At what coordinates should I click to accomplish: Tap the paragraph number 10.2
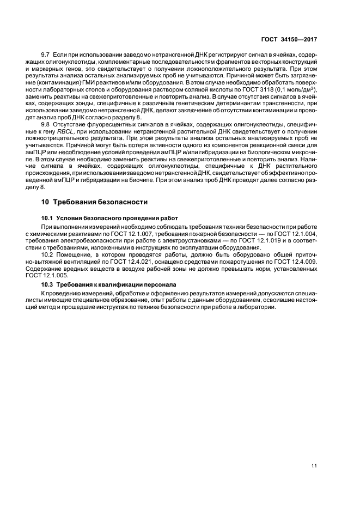coord(47,254)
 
